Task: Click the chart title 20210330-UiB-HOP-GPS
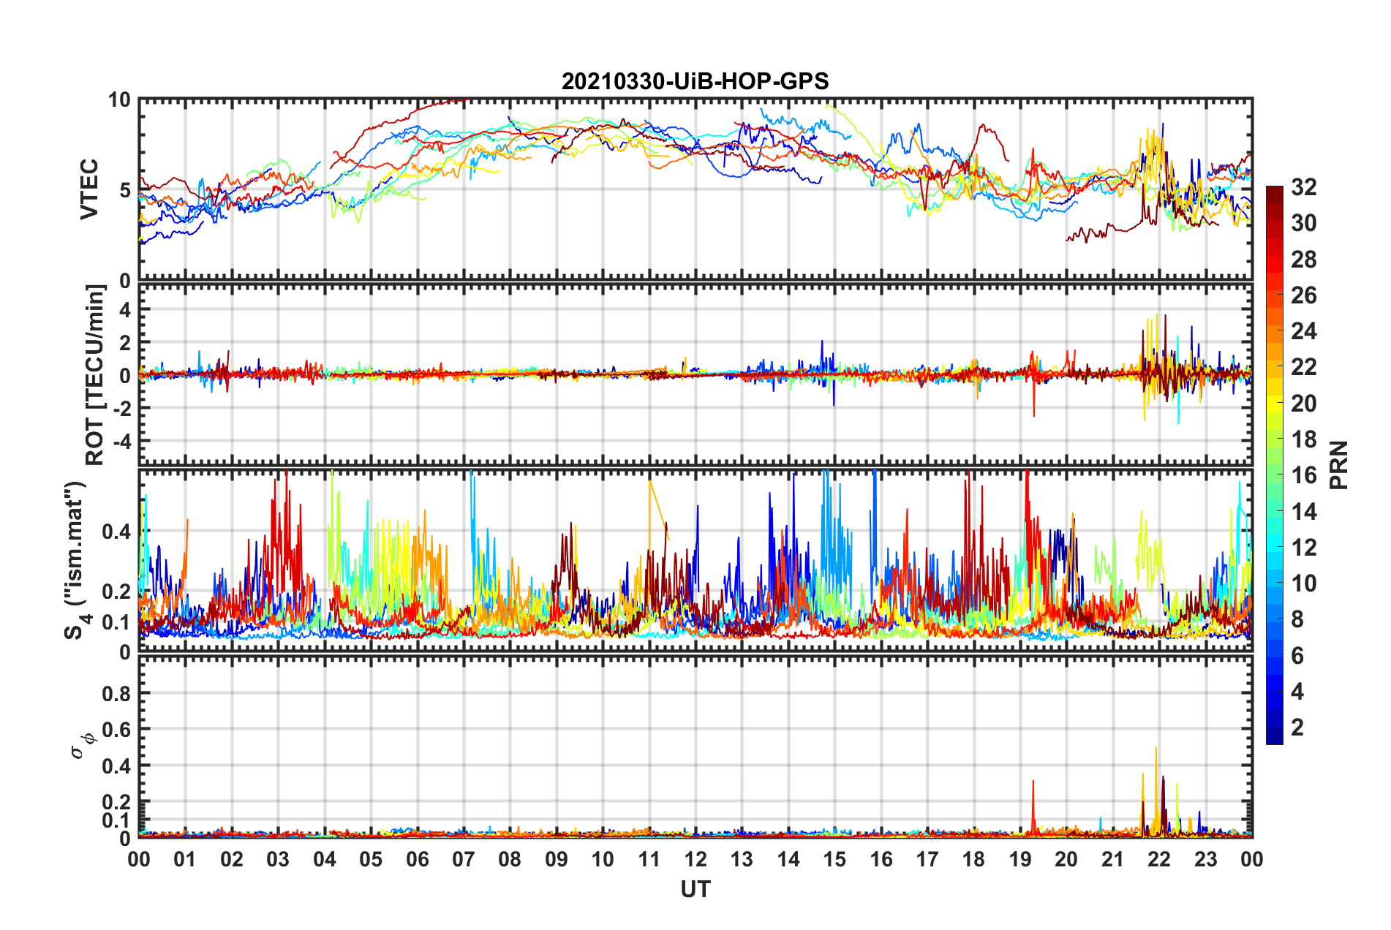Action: coord(695,81)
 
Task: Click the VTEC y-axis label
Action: coord(89,190)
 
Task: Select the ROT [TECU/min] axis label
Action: coord(95,375)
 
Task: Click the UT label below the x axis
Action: coord(695,889)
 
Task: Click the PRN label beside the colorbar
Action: coord(1338,465)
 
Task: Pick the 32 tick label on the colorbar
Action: coord(1303,187)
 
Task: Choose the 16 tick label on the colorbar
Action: coord(1303,475)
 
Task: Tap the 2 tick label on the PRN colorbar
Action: coord(1297,727)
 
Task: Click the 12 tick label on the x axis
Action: coord(695,859)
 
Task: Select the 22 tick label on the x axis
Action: coord(1159,859)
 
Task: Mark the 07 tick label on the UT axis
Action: coord(464,859)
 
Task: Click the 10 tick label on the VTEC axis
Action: coord(119,100)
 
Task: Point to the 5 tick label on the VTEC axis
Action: coord(124,191)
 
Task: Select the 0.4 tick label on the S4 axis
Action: coord(117,532)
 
